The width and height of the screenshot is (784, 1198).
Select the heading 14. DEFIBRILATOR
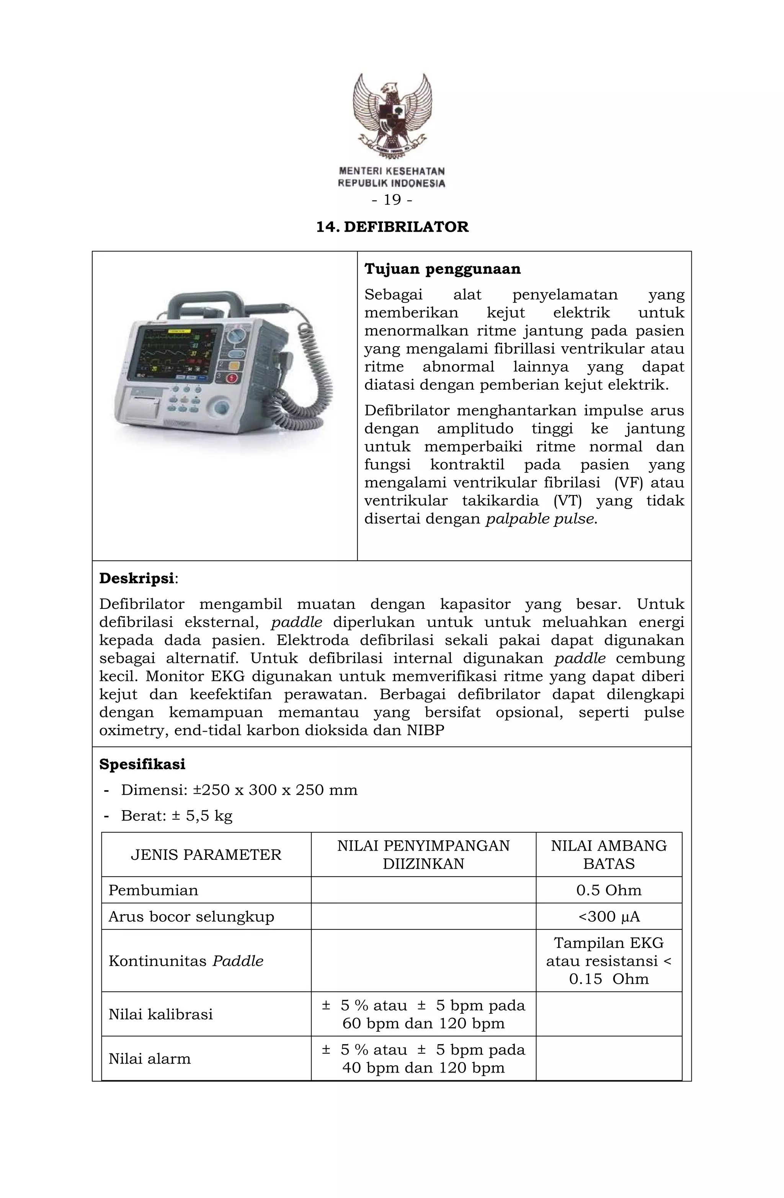(392, 227)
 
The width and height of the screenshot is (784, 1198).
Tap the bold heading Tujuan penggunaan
(443, 269)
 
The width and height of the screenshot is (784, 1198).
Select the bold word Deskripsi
(137, 578)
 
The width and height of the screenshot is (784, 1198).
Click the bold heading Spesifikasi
(142, 764)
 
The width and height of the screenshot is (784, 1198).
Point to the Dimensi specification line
(239, 790)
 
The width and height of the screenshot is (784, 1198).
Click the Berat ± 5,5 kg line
(176, 815)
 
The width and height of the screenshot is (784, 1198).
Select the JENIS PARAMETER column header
(206, 855)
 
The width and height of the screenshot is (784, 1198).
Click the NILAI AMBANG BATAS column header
(608, 855)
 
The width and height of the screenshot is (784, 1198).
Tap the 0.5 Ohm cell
(608, 890)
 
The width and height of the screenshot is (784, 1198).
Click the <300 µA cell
(608, 916)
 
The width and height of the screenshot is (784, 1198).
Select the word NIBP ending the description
(425, 730)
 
